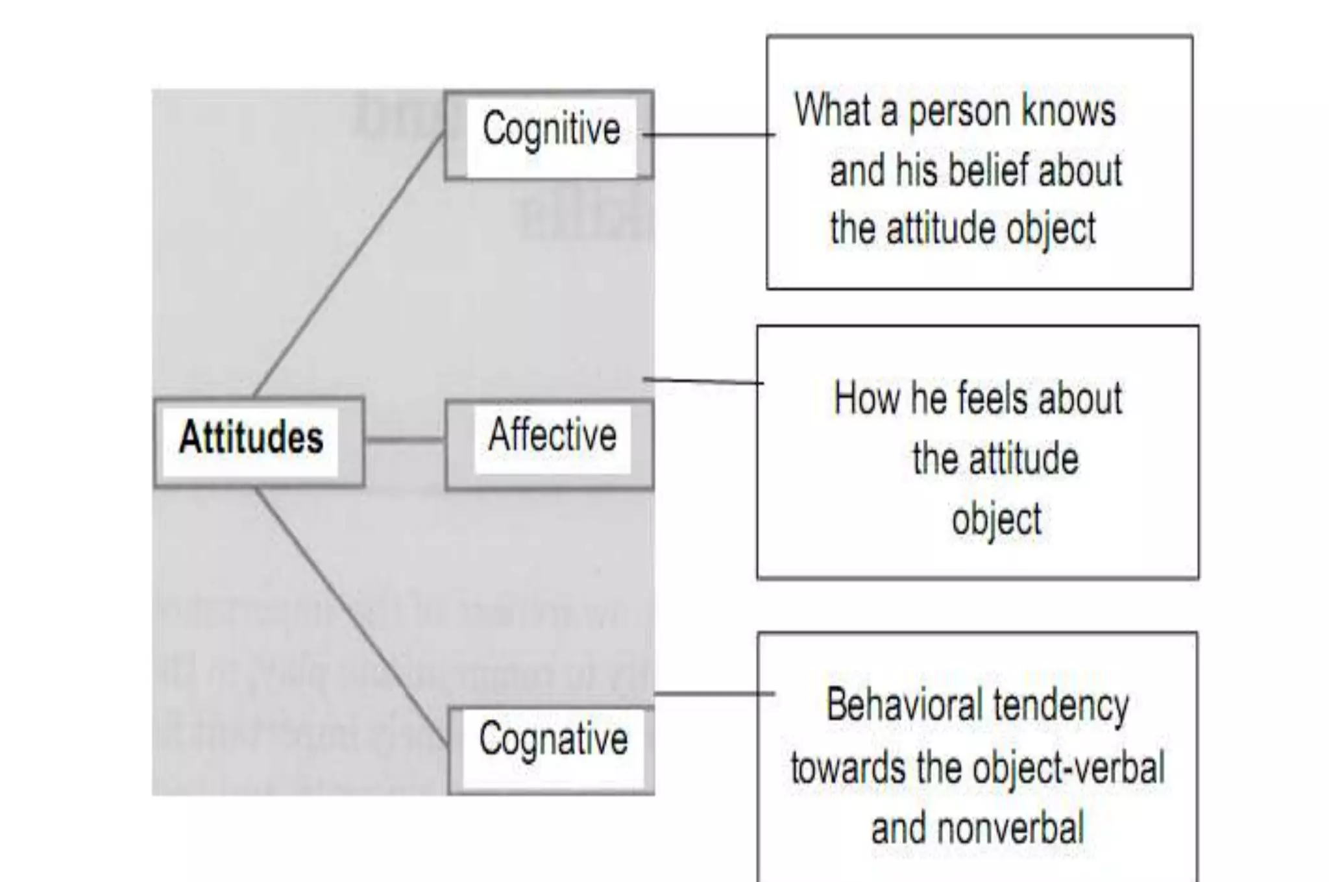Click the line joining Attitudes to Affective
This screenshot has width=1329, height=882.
[x=404, y=440]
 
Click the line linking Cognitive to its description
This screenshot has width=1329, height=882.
[x=707, y=135]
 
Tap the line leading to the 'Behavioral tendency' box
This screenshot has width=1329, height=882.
[x=714, y=694]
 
